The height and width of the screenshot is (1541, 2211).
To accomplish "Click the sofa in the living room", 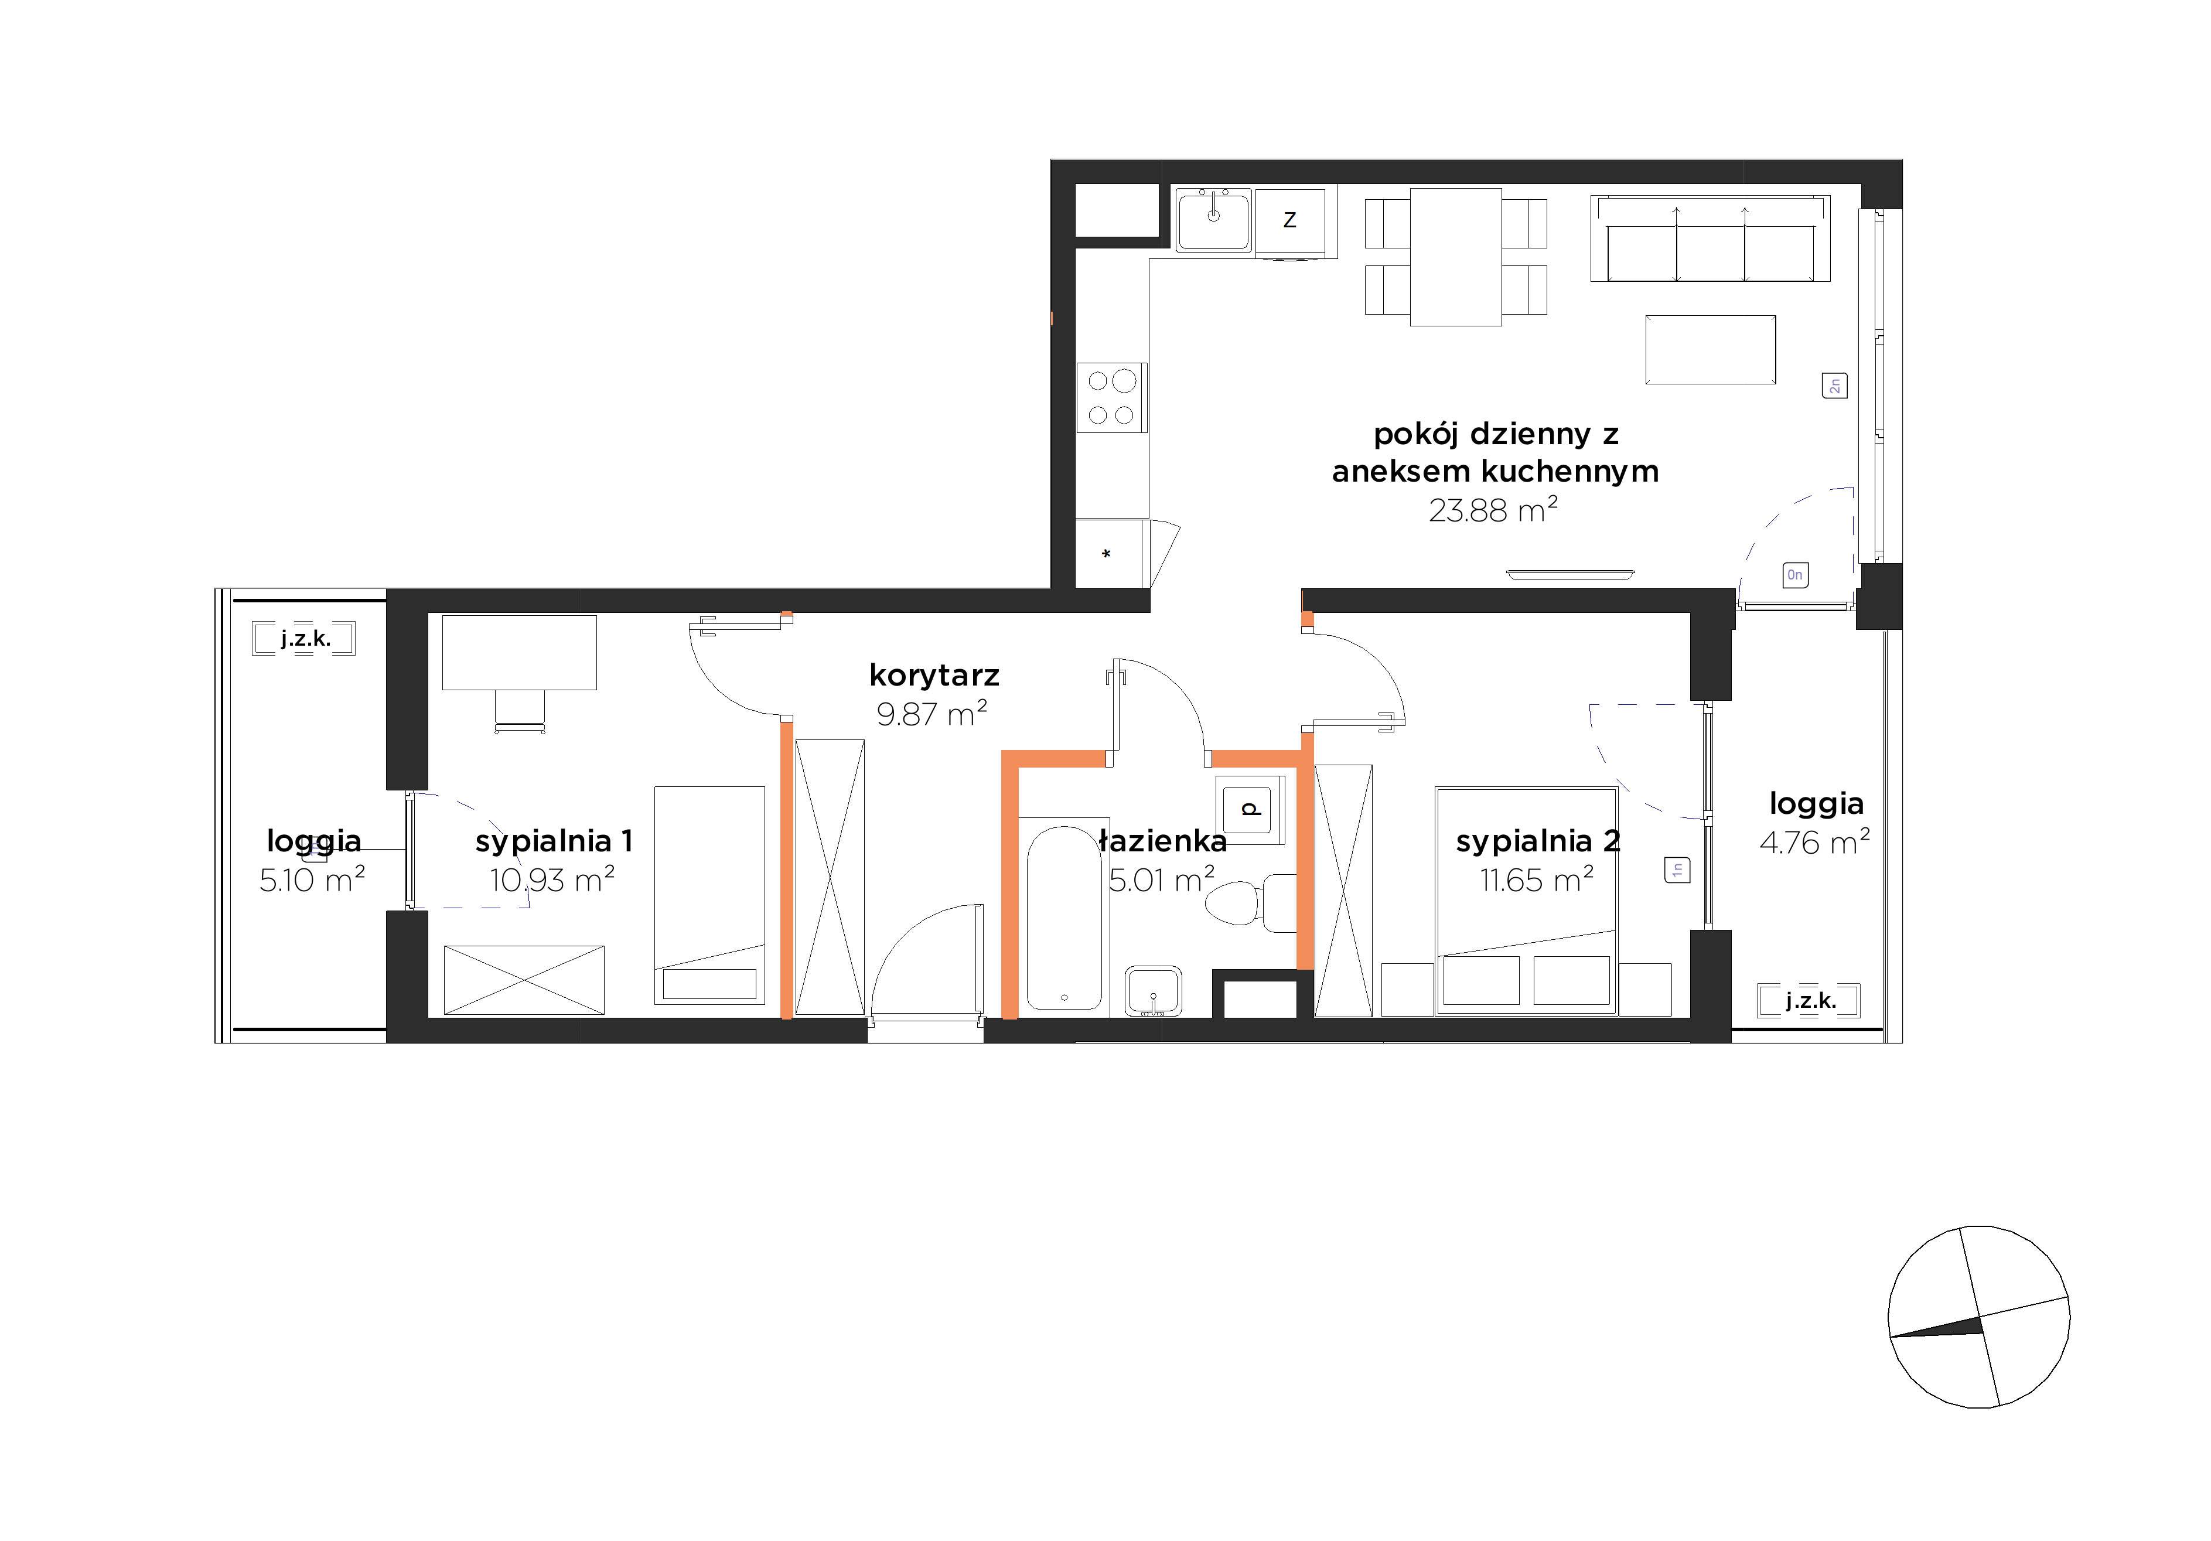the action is (x=1710, y=240).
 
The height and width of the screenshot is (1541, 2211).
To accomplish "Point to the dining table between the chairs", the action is (x=1455, y=256).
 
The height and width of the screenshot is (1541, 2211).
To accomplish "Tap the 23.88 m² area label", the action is (x=1493, y=510).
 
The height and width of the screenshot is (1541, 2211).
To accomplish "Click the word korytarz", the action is (x=934, y=675).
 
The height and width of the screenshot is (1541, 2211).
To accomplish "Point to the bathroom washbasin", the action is (x=1153, y=991).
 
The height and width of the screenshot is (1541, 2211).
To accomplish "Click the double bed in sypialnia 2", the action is (x=1526, y=901).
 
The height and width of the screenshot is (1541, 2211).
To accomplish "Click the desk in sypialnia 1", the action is (x=519, y=652).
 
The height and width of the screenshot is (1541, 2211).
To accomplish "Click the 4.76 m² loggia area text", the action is (x=1814, y=842).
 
